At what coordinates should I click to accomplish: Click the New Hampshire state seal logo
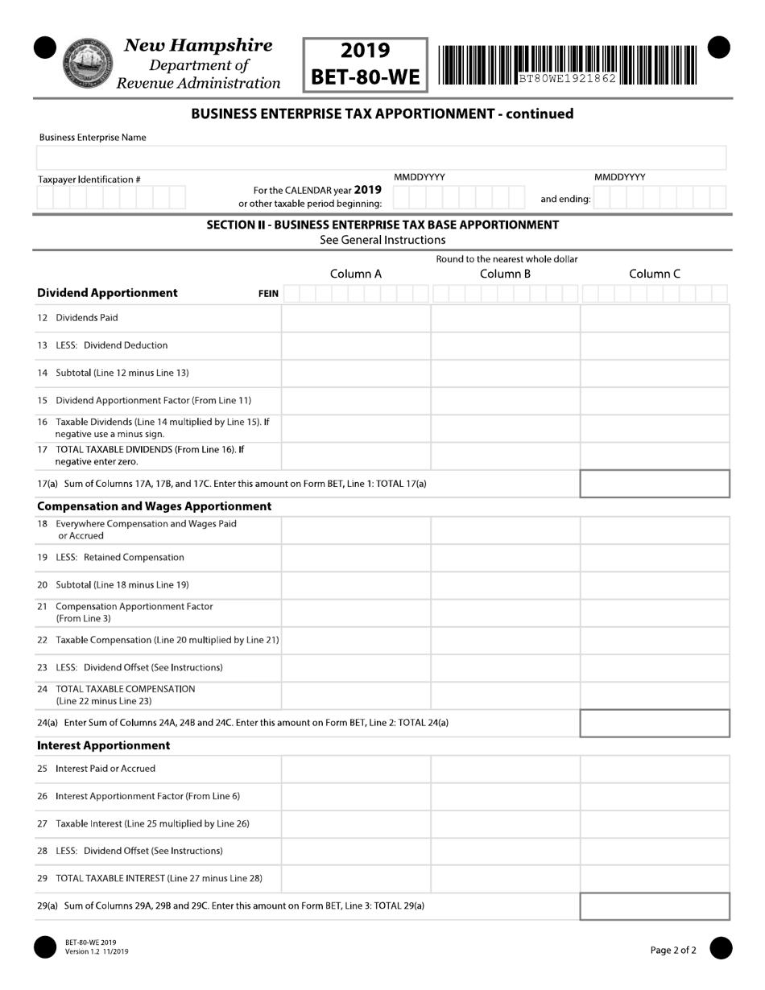click(x=83, y=61)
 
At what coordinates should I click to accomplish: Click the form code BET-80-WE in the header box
click(x=366, y=77)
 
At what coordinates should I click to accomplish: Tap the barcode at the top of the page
click(x=568, y=64)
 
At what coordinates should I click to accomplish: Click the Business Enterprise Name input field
click(x=382, y=158)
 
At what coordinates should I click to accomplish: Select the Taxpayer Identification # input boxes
click(x=111, y=197)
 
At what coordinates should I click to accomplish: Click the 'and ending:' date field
click(x=660, y=197)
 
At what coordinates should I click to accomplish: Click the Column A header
click(x=356, y=274)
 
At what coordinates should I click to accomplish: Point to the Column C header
click(x=655, y=274)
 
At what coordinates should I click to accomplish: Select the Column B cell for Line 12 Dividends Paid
click(x=505, y=318)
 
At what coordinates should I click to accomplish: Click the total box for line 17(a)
click(x=655, y=484)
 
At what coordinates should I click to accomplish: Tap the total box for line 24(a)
click(x=655, y=723)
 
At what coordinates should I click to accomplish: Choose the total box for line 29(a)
click(x=655, y=905)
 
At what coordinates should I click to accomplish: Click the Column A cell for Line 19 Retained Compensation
click(x=356, y=558)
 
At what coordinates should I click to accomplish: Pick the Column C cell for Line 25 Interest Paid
click(x=655, y=769)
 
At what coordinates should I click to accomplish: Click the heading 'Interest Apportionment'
click(x=104, y=745)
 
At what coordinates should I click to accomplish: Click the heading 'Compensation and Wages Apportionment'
click(x=155, y=506)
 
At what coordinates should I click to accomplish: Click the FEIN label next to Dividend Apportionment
click(x=268, y=294)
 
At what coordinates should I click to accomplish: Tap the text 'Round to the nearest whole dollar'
click(x=507, y=259)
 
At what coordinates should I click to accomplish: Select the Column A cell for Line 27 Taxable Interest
click(x=356, y=823)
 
